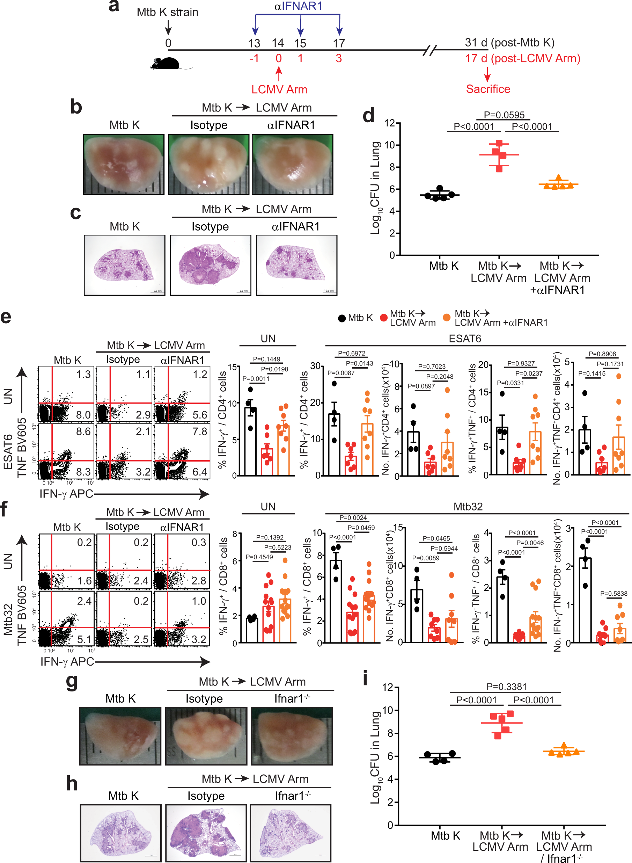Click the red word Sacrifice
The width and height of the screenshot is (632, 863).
(x=488, y=89)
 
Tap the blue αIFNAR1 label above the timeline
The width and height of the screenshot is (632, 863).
(x=298, y=6)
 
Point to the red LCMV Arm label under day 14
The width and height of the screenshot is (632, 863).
(x=279, y=89)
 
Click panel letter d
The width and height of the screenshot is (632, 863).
(x=368, y=115)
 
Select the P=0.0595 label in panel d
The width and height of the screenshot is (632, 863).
(x=504, y=115)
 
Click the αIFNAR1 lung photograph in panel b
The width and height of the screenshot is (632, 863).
(x=292, y=164)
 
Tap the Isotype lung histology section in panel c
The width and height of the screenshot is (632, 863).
(x=211, y=265)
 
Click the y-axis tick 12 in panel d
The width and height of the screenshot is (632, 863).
(x=389, y=123)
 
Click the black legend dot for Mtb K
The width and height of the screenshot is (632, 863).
(x=341, y=318)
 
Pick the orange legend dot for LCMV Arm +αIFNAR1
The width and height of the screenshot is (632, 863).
(x=446, y=317)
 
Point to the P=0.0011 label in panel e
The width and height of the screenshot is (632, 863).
(x=256, y=378)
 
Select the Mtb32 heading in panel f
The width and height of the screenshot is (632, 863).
(x=468, y=507)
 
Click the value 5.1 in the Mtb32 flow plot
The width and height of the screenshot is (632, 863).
(x=84, y=639)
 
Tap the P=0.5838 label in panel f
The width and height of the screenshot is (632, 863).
(x=613, y=594)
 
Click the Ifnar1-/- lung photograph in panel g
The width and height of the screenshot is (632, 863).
(x=292, y=735)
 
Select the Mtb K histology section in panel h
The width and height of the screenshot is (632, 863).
(x=120, y=832)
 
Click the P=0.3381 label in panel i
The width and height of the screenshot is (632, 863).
(x=506, y=687)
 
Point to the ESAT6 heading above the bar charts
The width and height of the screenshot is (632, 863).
(x=464, y=339)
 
